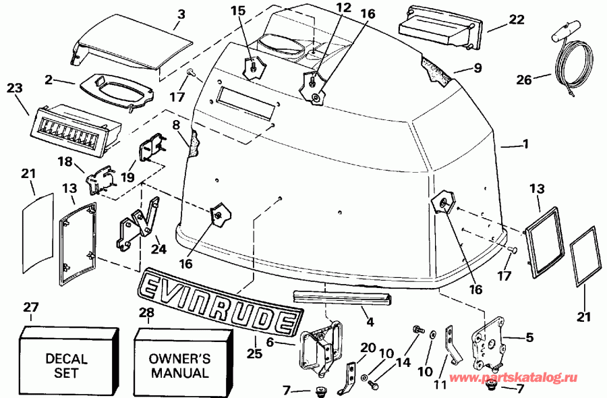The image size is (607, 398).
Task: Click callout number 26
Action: coord(523,80)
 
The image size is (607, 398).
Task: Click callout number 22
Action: coord(516,20)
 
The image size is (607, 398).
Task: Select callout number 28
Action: coord(146,312)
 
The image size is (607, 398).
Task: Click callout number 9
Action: coord(478,68)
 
